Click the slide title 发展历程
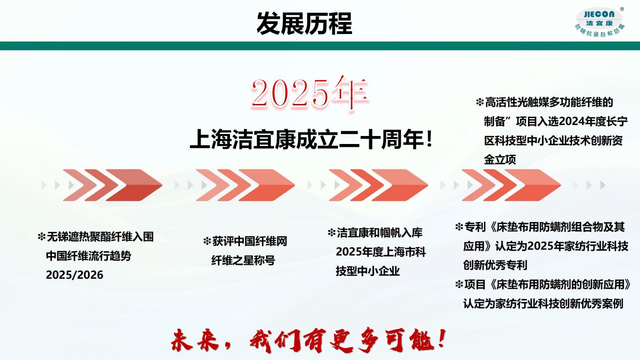(x=304, y=24)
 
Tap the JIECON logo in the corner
(x=600, y=22)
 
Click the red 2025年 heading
(x=310, y=94)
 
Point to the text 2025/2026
(x=74, y=275)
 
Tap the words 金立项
(x=500, y=160)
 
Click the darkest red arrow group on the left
(x=112, y=185)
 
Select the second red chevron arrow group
(x=245, y=185)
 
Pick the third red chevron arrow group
(x=378, y=185)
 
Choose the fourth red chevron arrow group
(x=511, y=185)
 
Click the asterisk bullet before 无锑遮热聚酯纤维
(x=42, y=236)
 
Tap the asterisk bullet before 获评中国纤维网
(x=207, y=242)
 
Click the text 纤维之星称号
(x=243, y=260)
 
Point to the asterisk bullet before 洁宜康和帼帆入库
(x=332, y=233)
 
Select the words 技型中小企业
(x=368, y=271)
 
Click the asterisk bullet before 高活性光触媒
(x=480, y=102)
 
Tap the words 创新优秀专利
(x=495, y=265)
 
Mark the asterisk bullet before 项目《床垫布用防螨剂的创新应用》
(x=459, y=284)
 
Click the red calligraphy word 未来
(x=194, y=340)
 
